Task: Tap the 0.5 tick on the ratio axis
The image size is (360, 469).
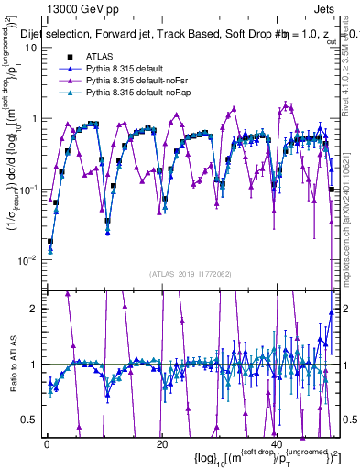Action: (35, 420)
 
